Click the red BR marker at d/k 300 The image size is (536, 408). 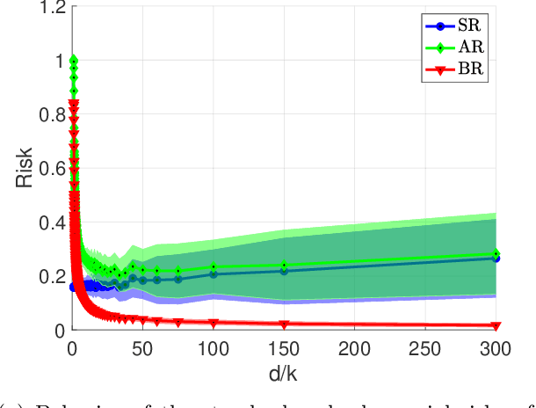[x=496, y=326]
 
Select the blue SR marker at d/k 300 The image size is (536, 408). [x=496, y=258]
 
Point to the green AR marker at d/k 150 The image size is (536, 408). [x=284, y=265]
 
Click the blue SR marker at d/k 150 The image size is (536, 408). [x=284, y=271]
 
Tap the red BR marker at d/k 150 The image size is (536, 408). [x=284, y=324]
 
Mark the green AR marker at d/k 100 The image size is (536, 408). [x=214, y=267]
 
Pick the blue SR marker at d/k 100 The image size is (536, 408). [x=214, y=274]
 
